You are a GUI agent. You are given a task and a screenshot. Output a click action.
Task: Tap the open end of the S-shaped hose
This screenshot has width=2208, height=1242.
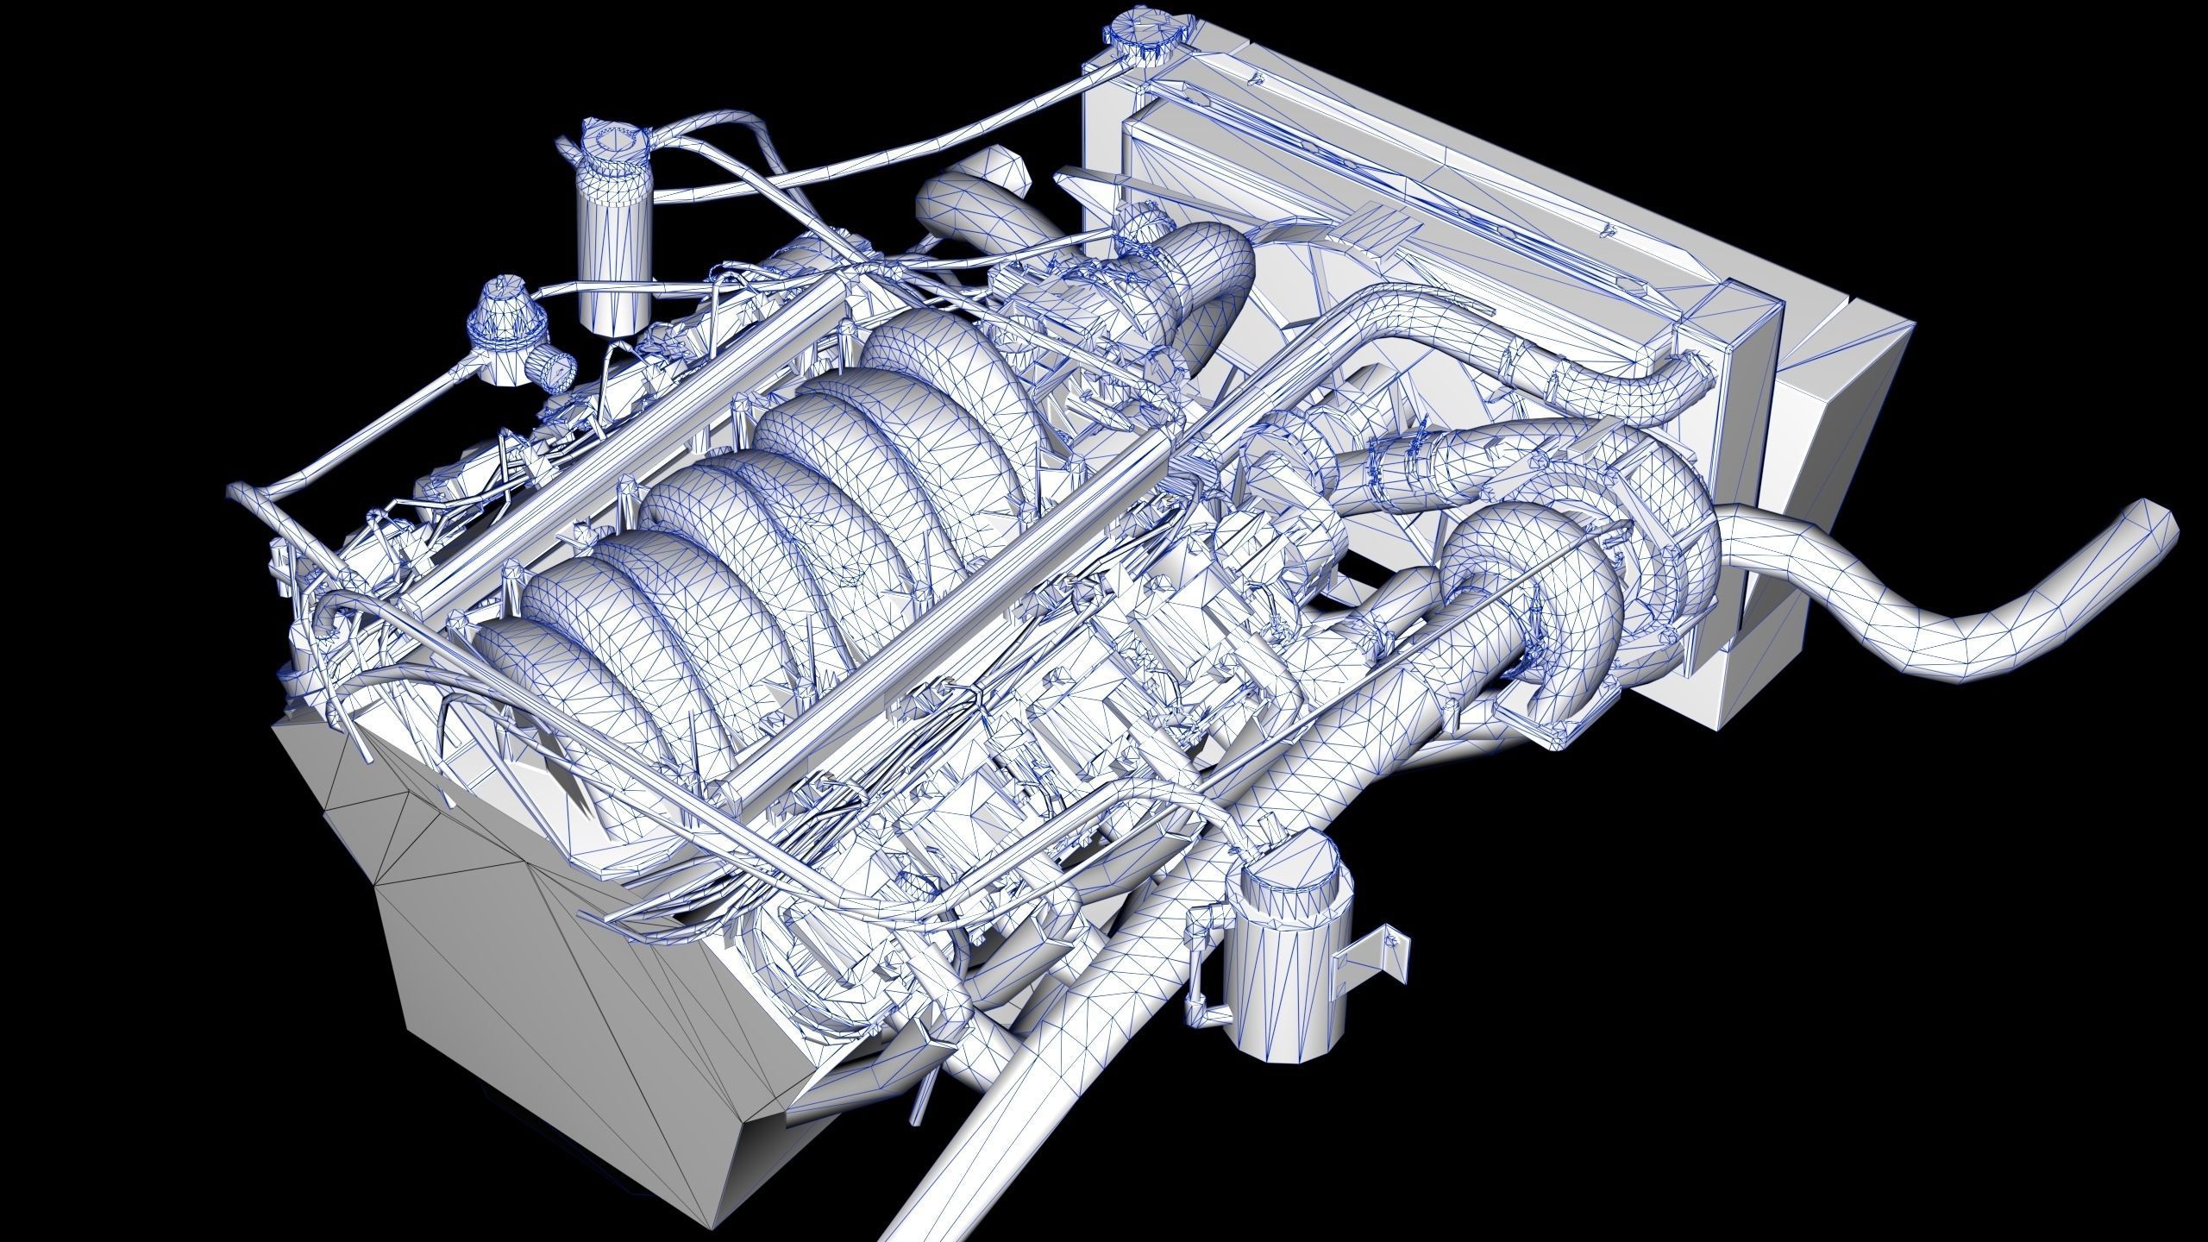[x=2156, y=526]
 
